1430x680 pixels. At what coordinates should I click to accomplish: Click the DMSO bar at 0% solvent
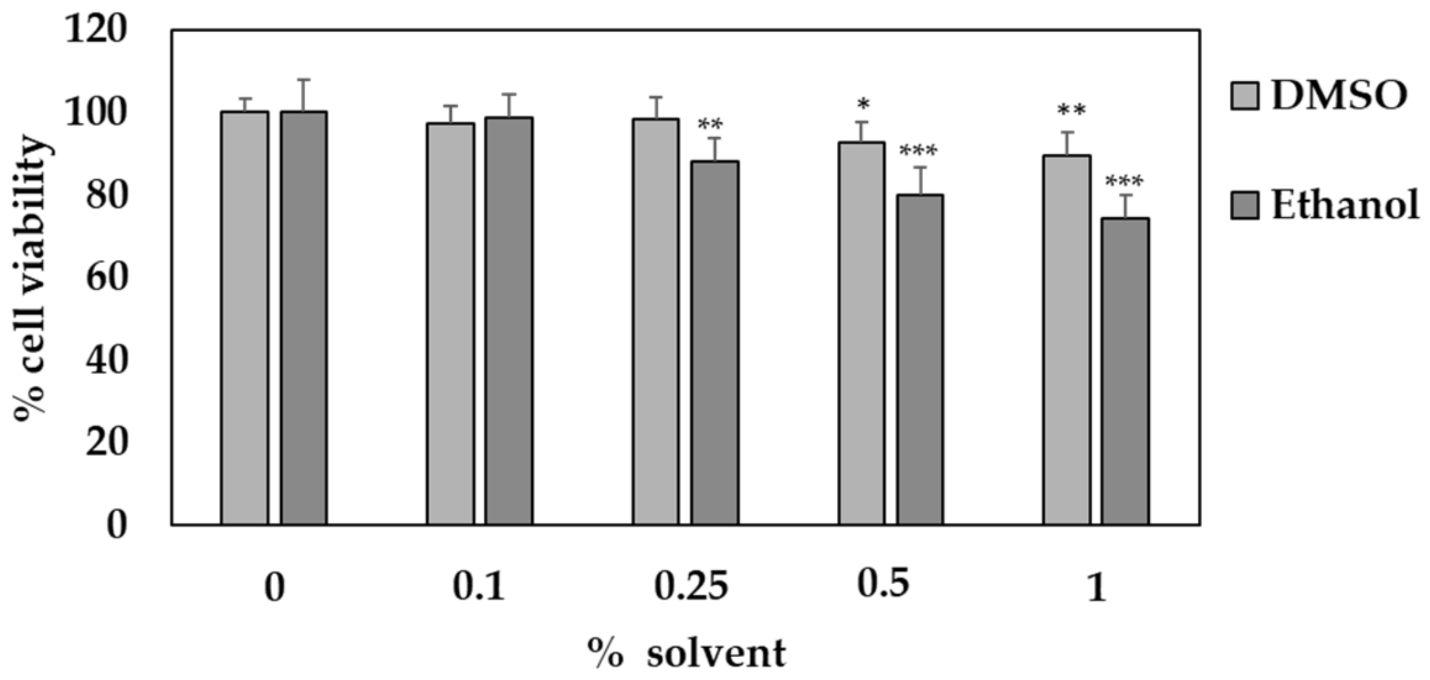coord(244,318)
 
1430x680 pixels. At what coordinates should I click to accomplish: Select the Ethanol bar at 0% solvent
coord(303,318)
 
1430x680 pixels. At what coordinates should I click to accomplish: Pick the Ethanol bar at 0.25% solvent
coord(714,343)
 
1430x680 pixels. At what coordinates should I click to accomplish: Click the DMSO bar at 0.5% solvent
coord(861,333)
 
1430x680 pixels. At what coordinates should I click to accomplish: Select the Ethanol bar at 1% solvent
coord(1125,372)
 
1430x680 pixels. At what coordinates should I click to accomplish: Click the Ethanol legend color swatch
coord(1244,205)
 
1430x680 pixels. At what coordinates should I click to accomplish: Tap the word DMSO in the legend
coord(1339,96)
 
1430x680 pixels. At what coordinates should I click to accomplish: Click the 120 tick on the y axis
coord(95,30)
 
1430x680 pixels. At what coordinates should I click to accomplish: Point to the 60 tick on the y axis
coord(105,277)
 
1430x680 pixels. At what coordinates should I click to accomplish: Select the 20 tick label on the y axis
coord(105,442)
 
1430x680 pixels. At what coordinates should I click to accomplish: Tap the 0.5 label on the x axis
coord(883,583)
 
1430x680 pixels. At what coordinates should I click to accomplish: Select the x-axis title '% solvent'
coord(686,653)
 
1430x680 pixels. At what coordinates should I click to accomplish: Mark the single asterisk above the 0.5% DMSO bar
coord(863,104)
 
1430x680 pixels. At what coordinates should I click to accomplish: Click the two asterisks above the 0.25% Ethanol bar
coord(710,124)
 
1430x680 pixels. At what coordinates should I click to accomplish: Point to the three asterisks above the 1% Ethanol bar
coord(1124,181)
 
